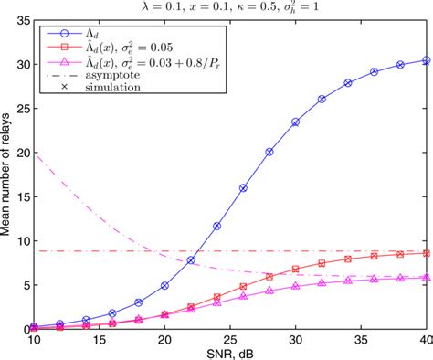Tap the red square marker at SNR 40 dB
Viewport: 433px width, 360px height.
coord(426,252)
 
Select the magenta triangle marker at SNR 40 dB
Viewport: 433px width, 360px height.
coord(426,277)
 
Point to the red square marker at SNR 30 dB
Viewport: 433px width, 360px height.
coord(295,270)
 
